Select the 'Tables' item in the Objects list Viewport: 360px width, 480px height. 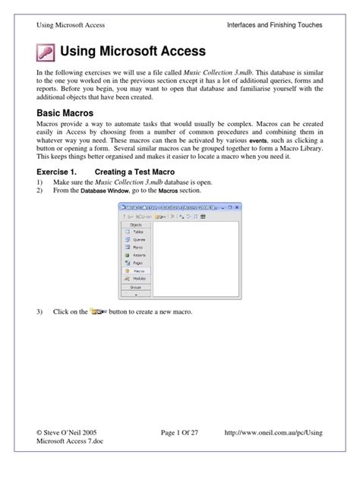pyautogui.click(x=137, y=232)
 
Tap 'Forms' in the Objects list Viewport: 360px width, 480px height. pyautogui.click(x=137, y=247)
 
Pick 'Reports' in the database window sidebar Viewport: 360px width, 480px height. pyautogui.click(x=139, y=255)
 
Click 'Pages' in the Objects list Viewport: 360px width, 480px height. pyautogui.click(x=137, y=263)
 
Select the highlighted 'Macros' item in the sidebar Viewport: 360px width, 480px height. pyautogui.click(x=139, y=271)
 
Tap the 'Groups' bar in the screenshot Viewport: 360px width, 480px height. pyautogui.click(x=136, y=287)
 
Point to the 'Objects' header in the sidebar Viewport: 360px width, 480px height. pyautogui.click(x=136, y=225)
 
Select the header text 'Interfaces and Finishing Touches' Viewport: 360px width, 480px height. pyautogui.click(x=274, y=25)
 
